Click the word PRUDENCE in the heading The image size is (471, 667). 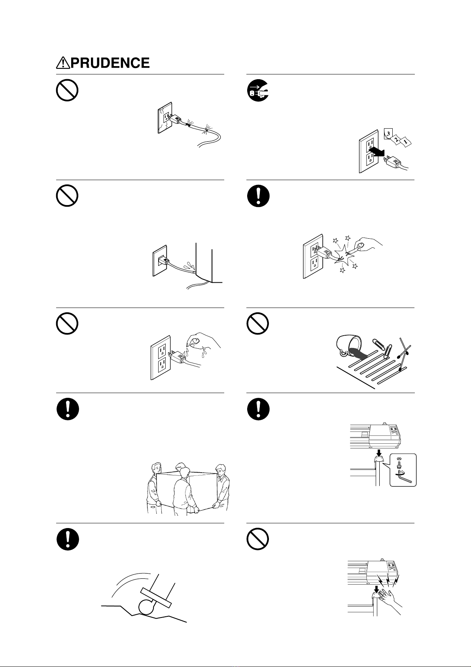[110, 63]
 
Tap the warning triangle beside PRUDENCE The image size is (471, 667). [63, 63]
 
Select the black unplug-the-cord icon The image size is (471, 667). [258, 90]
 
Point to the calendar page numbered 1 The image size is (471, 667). [405, 142]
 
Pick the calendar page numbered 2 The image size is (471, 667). [396, 139]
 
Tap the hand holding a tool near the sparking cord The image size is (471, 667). [367, 245]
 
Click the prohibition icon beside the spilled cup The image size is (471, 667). [258, 323]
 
